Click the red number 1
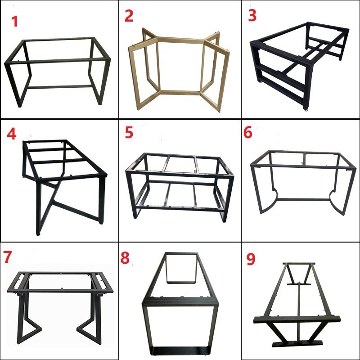(x=15, y=21)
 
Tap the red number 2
(x=129, y=16)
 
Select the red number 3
(x=252, y=16)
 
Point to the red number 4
(x=12, y=134)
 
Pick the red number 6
(x=248, y=132)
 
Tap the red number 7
(x=7, y=257)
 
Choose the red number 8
(x=125, y=257)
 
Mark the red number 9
(x=251, y=259)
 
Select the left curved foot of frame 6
(x=268, y=202)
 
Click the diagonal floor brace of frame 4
(x=76, y=209)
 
